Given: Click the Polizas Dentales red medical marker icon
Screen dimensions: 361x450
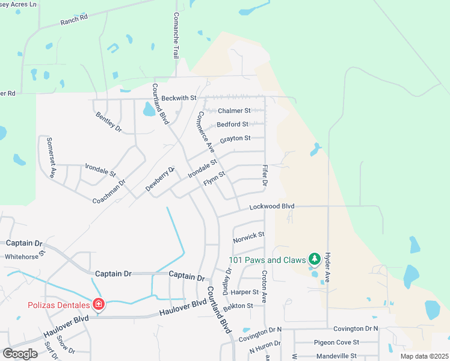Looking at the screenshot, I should click(x=98, y=304).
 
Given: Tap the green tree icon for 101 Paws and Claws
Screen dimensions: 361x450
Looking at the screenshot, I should click(x=313, y=259).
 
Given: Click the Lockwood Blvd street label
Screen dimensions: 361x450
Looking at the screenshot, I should click(x=272, y=206).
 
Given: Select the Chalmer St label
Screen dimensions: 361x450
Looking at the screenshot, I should click(x=234, y=111).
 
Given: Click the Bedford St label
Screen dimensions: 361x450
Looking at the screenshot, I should click(x=233, y=125).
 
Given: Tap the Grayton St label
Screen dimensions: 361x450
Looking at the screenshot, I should click(x=235, y=139).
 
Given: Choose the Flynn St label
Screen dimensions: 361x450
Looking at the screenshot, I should click(x=214, y=177).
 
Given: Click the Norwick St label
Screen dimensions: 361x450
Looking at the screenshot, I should click(x=248, y=237).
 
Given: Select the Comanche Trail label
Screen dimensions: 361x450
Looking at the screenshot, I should click(x=176, y=35).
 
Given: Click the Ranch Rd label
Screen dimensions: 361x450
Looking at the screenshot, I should click(x=74, y=19).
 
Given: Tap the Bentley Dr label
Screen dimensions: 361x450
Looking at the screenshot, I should click(x=109, y=122).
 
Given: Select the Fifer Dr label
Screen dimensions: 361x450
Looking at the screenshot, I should click(x=264, y=175).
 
